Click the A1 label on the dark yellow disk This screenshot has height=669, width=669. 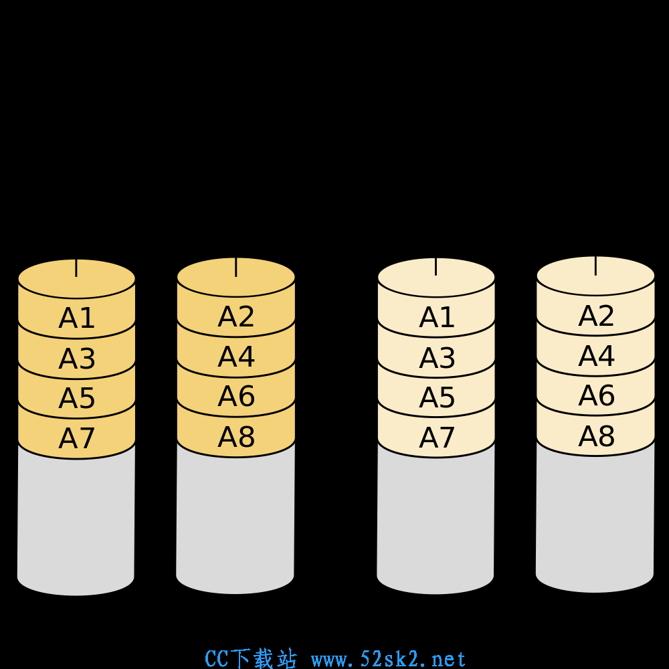tap(76, 318)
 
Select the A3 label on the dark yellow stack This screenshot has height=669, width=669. tap(76, 359)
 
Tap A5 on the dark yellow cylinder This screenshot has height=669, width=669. tap(76, 398)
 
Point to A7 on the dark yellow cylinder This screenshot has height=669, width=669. tap(76, 438)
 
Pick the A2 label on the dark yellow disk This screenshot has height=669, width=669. tap(236, 316)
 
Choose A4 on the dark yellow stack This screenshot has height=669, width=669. tap(236, 357)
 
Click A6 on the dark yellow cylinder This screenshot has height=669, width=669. tap(236, 396)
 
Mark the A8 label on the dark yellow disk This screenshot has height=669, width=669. tap(236, 437)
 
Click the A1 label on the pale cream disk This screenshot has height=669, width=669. tap(436, 317)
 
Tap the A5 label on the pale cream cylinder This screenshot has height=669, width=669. tap(436, 397)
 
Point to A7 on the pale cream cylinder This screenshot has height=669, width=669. tap(436, 438)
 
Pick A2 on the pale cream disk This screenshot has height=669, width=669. tap(596, 316)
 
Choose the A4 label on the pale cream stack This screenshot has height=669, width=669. tap(596, 356)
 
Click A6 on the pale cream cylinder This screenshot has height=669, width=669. tap(596, 395)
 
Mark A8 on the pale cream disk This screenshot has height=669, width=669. tap(596, 436)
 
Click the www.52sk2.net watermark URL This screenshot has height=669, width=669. tap(388, 659)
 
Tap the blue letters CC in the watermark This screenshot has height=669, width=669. tap(217, 659)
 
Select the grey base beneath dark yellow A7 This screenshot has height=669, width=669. tap(76, 524)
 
